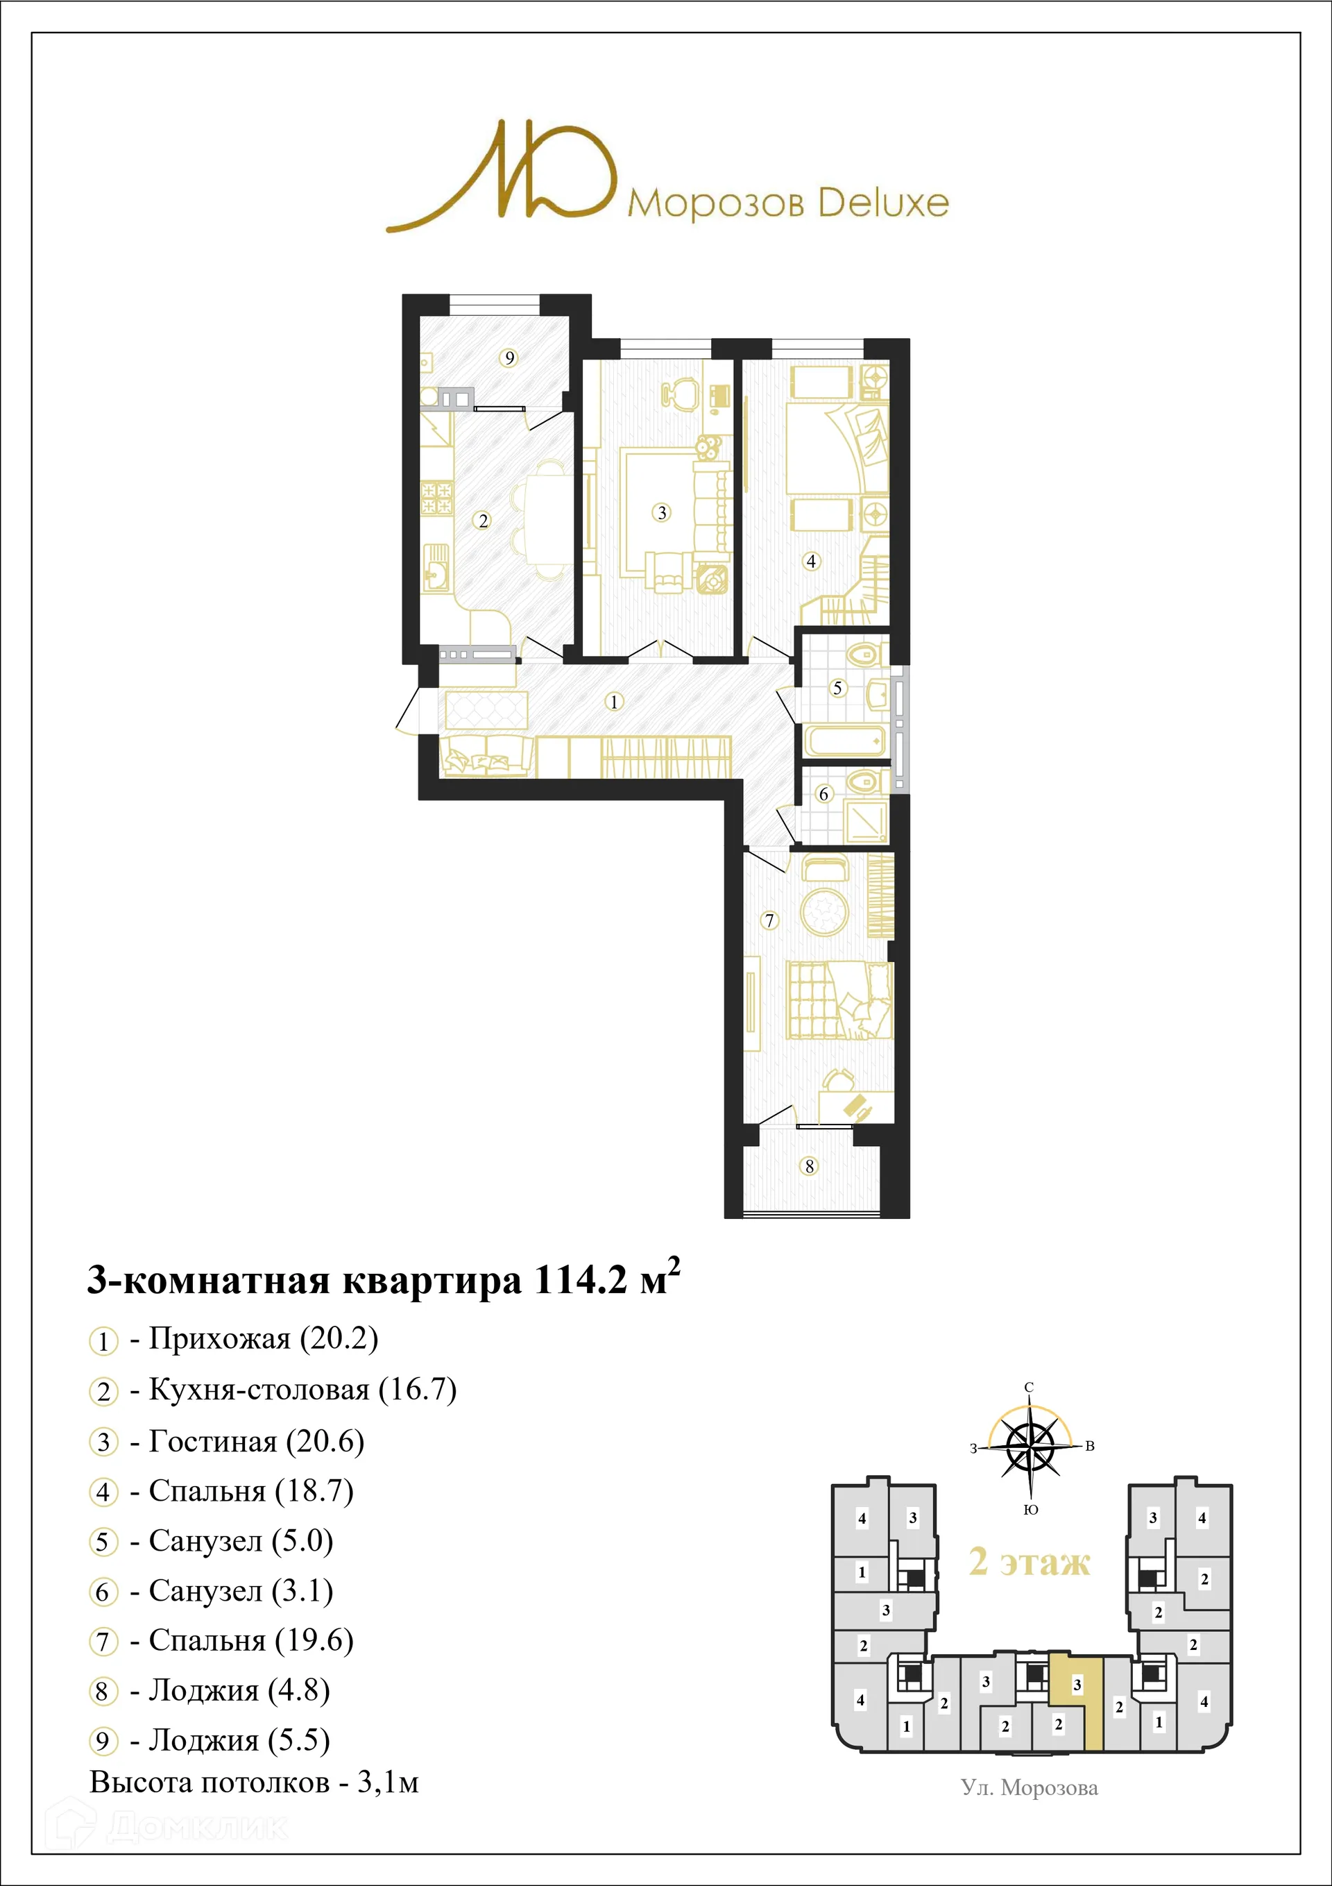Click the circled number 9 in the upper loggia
tap(509, 357)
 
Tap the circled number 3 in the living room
tap(662, 512)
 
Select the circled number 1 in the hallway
tap(613, 702)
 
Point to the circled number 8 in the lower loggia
tap(809, 1166)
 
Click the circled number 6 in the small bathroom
tap(823, 793)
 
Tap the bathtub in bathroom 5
tap(844, 741)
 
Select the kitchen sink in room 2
tap(436, 568)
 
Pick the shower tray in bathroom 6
tap(866, 819)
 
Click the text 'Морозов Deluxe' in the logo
tap(787, 203)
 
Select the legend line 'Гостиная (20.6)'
tap(255, 1442)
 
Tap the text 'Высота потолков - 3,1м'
tap(254, 1783)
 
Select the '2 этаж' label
tap(1030, 1562)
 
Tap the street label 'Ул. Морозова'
tap(1029, 1789)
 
